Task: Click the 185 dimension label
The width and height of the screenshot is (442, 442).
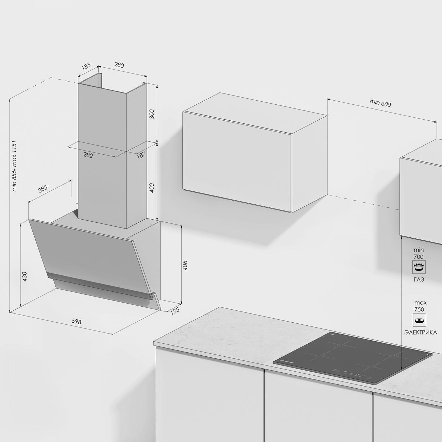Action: (86, 66)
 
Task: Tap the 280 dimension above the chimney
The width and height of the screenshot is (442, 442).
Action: (119, 65)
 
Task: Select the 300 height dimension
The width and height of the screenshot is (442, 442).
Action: (152, 114)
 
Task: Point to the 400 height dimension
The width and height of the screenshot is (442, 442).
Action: (152, 188)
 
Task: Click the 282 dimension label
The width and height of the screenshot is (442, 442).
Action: (88, 155)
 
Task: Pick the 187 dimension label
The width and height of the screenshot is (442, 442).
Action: (141, 155)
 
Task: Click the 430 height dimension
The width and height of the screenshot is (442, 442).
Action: (24, 277)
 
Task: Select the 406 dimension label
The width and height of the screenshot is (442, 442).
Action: (185, 266)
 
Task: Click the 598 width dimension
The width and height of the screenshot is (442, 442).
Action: (76, 322)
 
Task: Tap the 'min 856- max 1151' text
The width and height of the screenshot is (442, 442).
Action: (14, 166)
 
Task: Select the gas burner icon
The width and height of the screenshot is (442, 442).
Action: (419, 267)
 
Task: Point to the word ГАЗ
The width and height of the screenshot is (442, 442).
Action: (419, 279)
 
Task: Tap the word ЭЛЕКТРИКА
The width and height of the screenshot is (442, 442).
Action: (421, 333)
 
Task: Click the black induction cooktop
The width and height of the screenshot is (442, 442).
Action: (352, 358)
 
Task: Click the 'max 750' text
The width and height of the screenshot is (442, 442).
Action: (419, 306)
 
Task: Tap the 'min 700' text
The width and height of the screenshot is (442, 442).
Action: (419, 253)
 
